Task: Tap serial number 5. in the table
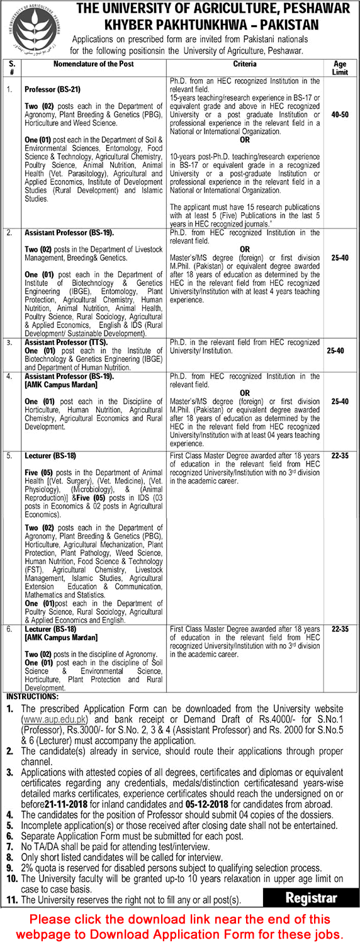(x=9, y=455)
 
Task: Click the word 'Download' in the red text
(x=156, y=934)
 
